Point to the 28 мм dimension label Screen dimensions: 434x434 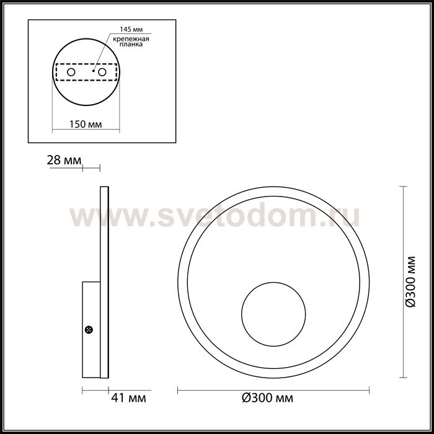click(x=64, y=161)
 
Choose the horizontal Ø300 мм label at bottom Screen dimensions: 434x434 click(x=267, y=397)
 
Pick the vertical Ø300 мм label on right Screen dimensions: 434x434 click(x=410, y=281)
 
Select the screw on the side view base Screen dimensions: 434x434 click(x=89, y=329)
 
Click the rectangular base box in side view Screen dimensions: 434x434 click(x=91, y=329)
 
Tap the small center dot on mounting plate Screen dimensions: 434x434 click(x=92, y=72)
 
